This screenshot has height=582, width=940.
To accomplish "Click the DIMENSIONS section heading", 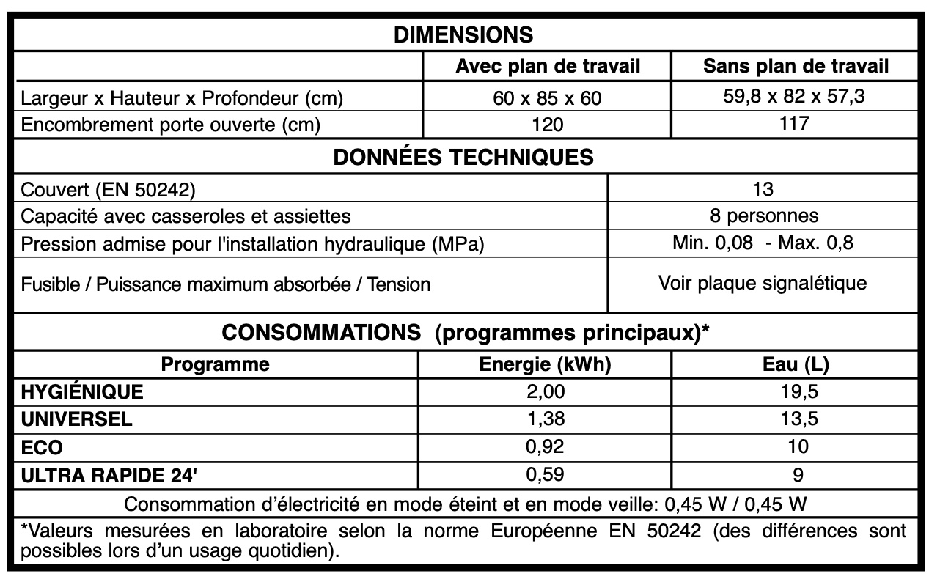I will pyautogui.click(x=463, y=34).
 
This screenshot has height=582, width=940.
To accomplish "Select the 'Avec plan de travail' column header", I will pyautogui.click(x=548, y=67).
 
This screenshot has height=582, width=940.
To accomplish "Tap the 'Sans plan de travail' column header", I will pyautogui.click(x=796, y=67).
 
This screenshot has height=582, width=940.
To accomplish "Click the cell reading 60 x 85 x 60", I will pyautogui.click(x=548, y=97).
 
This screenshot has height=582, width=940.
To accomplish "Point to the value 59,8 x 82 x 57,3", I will pyautogui.click(x=796, y=97).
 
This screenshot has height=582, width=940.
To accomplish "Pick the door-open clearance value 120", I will pyautogui.click(x=548, y=125).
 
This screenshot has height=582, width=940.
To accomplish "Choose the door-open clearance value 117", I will pyautogui.click(x=796, y=123).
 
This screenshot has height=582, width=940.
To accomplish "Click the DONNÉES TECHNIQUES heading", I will pyautogui.click(x=463, y=158).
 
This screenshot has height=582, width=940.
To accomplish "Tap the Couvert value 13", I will pyautogui.click(x=763, y=189).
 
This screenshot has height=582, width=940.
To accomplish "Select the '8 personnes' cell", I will pyautogui.click(x=763, y=216).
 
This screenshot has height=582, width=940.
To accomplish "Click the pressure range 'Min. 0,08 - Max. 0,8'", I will pyautogui.click(x=763, y=243).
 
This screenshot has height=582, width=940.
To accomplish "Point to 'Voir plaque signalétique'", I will pyautogui.click(x=763, y=283).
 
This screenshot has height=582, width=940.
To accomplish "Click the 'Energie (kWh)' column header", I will pyautogui.click(x=545, y=364).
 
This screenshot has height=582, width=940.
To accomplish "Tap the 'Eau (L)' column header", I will pyautogui.click(x=796, y=364).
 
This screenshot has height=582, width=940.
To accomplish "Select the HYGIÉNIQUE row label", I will pyautogui.click(x=83, y=392).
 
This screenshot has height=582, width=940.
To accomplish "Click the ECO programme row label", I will pyautogui.click(x=43, y=447).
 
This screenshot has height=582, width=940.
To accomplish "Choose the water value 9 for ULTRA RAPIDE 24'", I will pyautogui.click(x=798, y=475).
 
